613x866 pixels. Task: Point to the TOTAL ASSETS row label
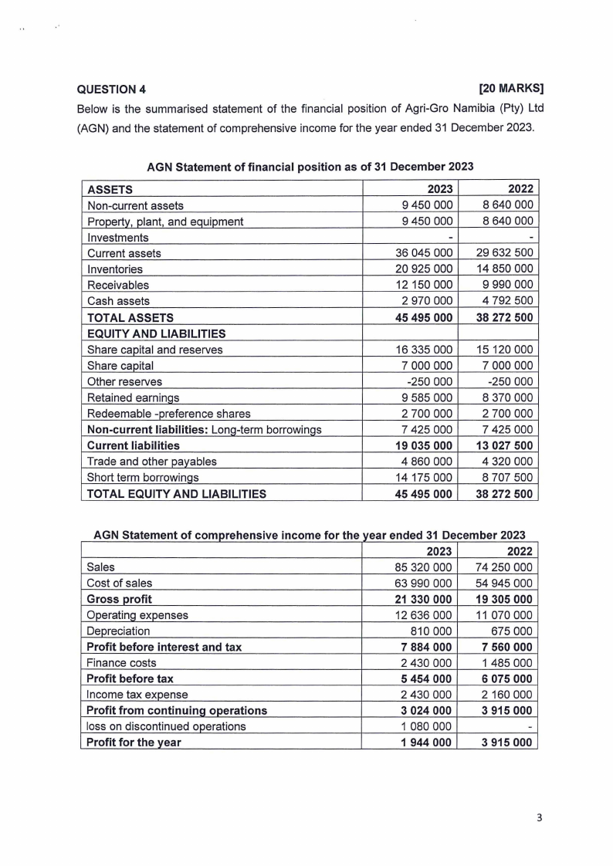click(130, 317)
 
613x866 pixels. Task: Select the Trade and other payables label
click(152, 462)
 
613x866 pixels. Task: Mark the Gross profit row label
click(120, 599)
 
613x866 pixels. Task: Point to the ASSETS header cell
click(110, 189)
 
